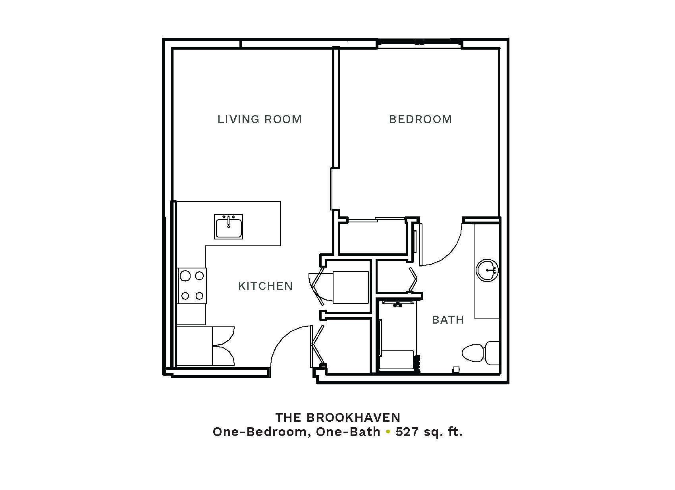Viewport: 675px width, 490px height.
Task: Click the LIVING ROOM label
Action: coord(259,120)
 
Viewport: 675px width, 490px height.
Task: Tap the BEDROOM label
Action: coord(420,120)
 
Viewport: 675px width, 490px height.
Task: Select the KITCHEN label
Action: coord(266,286)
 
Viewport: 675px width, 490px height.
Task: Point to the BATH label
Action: coord(448,320)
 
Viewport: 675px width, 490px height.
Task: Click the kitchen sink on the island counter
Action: coord(228,227)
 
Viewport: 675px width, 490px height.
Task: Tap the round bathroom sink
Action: coord(487,270)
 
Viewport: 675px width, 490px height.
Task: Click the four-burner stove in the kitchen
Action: coord(192,286)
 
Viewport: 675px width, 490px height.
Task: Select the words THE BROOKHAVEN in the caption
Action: coord(338,417)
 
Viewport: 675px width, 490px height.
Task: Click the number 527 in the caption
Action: coord(407,432)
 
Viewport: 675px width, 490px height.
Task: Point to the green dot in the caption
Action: coord(388,432)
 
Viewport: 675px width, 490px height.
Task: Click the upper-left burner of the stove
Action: coord(185,276)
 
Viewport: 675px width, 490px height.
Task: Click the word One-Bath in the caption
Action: coord(348,432)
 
